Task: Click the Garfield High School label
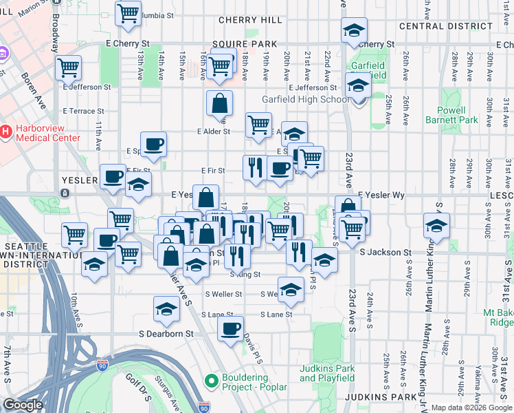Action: [305, 99]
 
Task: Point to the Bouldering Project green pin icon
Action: [211, 380]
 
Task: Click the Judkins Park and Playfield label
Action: [327, 373]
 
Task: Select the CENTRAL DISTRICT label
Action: [446, 26]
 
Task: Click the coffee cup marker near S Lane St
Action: [230, 327]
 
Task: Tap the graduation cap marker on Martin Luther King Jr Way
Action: [436, 225]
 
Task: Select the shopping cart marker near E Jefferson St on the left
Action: [69, 67]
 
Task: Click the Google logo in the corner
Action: [23, 405]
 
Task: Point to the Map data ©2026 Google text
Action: [471, 407]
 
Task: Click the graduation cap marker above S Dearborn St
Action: [166, 309]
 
